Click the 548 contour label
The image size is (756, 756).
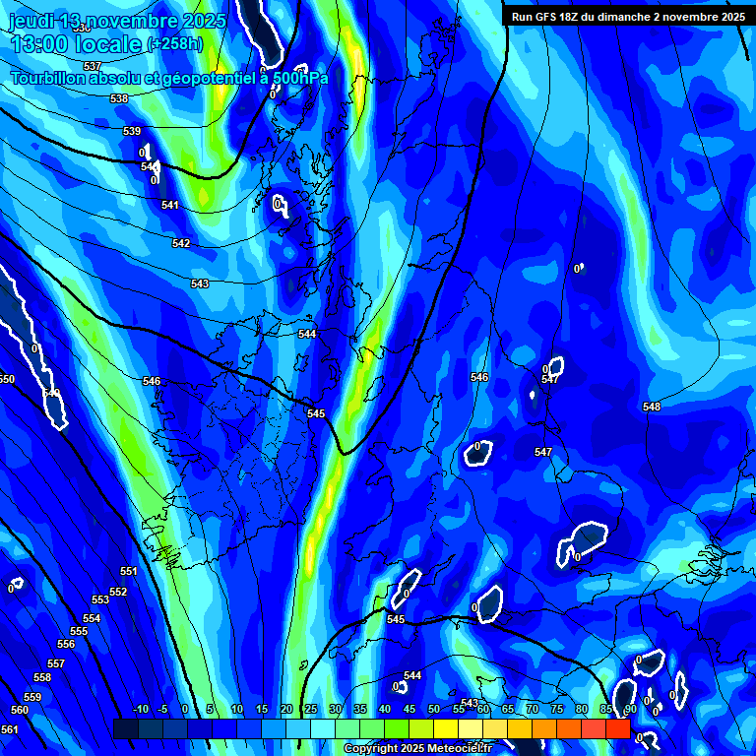652,407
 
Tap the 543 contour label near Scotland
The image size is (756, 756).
200,283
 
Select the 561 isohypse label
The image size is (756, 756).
9,729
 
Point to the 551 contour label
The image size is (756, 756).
129,572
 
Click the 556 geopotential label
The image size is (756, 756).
66,644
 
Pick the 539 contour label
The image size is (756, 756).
132,131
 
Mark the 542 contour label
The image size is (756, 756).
181,243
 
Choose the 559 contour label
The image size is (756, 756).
32,697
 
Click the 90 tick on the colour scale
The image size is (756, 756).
631,709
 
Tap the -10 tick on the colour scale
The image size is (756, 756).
140,709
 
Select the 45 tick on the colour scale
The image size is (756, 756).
409,709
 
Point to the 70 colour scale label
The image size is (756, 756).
533,709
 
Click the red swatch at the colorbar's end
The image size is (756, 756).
618,728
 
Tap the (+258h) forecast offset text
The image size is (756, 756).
174,44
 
